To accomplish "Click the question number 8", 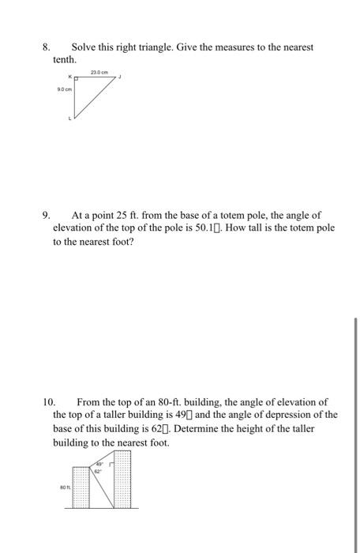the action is click(x=46, y=47).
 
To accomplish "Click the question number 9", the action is click(x=46, y=215).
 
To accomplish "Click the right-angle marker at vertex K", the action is click(x=77, y=80).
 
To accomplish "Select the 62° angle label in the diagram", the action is click(x=99, y=471).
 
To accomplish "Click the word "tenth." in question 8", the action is click(x=65, y=60).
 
